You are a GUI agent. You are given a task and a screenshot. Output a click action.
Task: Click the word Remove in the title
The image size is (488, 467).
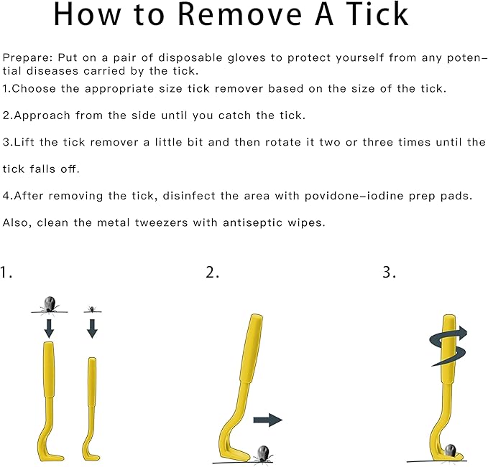[x=240, y=14]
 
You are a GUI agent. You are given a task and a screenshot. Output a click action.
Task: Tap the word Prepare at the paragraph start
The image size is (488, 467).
[x=27, y=58]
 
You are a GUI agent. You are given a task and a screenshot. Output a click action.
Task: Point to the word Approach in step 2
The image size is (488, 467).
[x=42, y=116]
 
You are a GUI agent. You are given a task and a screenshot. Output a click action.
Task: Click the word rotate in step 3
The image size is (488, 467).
[x=283, y=142]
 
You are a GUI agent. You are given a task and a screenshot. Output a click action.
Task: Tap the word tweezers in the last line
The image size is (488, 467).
[x=161, y=222]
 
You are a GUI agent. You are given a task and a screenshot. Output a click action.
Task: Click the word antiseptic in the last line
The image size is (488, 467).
[x=252, y=223]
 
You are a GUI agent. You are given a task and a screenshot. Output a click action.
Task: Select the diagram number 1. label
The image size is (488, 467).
[x=6, y=273]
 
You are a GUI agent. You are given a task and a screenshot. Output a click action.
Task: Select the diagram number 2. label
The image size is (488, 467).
[x=212, y=272]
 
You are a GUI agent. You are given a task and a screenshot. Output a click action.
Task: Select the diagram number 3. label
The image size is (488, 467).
[x=389, y=272]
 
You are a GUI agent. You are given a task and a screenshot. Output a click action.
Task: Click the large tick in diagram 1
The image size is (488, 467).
[x=50, y=304]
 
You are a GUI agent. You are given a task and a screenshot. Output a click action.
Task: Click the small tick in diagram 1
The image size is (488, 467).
[x=92, y=309]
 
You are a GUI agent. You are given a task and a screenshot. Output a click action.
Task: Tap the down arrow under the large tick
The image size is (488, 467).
[x=49, y=329]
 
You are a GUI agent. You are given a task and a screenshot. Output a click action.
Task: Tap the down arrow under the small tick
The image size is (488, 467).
[x=92, y=329]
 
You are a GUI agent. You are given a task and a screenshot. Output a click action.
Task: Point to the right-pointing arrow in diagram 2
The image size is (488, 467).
[x=267, y=420]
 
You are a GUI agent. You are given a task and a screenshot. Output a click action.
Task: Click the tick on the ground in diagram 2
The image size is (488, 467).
[x=263, y=455]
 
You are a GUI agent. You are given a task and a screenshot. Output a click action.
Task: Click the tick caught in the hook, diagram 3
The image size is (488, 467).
[x=450, y=451]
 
